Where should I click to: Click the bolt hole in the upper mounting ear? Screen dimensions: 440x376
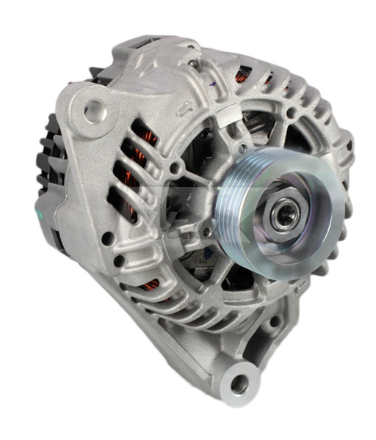(x=95, y=111)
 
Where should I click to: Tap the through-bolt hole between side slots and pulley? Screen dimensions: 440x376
(x=175, y=170)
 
